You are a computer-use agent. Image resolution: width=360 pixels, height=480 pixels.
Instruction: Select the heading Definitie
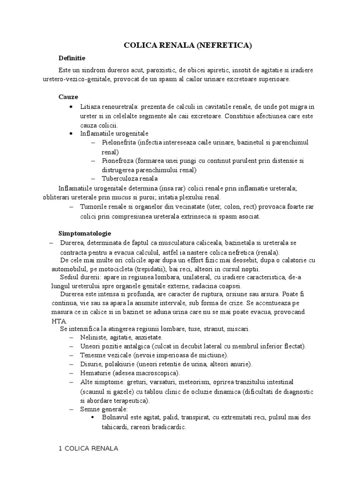tap(71, 58)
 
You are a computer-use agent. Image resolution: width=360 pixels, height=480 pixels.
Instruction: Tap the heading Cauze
tap(68, 97)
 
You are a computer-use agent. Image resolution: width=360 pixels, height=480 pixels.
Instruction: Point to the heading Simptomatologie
tap(84, 233)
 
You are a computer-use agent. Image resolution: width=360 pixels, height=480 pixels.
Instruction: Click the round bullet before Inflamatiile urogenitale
tap(70, 134)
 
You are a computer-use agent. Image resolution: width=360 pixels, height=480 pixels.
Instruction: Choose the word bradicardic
tap(167, 427)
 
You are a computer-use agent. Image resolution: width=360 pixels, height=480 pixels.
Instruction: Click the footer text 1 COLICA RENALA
tap(88, 449)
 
